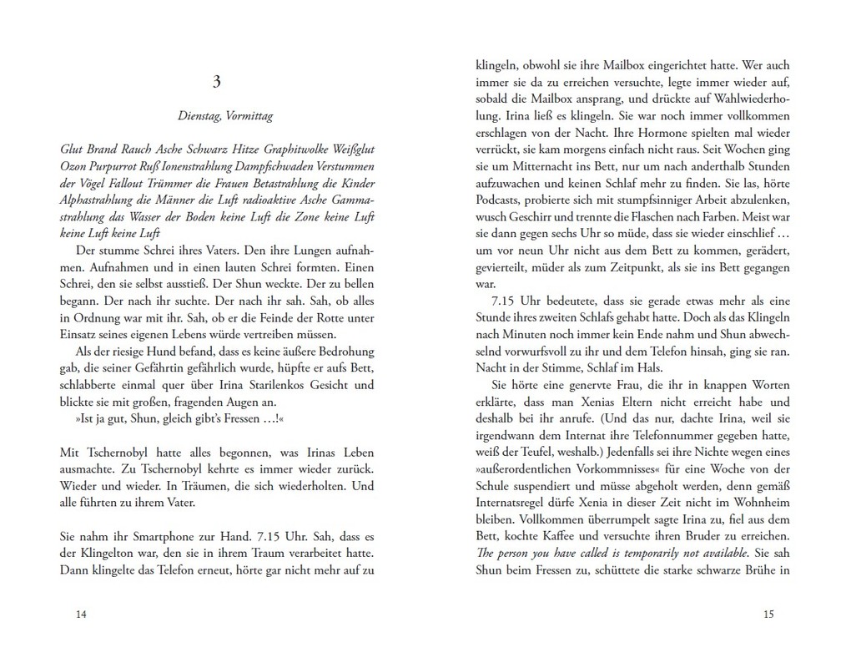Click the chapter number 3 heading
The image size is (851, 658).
[217, 82]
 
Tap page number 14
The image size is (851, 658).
[81, 615]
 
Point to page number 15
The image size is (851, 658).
[768, 615]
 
